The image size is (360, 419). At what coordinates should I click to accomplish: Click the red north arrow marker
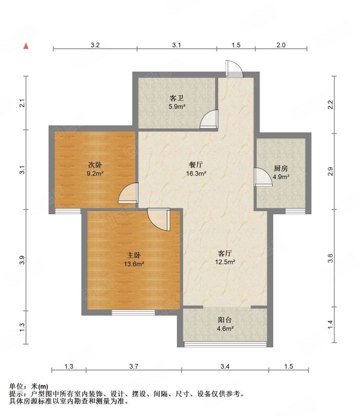26,46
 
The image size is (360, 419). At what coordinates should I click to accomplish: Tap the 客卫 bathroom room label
176,98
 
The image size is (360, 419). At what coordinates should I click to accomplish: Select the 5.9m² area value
176,107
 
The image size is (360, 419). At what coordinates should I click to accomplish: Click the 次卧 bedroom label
95,164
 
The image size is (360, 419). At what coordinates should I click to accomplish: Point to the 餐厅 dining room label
196,164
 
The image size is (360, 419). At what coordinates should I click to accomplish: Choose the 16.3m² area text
196,173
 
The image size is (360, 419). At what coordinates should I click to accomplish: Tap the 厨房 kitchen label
281,168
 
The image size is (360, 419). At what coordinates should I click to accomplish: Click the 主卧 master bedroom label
134,255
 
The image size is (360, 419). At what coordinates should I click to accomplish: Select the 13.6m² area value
134,264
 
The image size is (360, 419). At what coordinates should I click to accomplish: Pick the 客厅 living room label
225,253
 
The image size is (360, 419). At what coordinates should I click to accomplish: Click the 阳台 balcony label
225,320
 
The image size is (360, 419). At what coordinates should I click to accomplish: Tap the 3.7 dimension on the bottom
133,366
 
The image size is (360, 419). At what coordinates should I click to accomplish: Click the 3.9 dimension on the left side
22,260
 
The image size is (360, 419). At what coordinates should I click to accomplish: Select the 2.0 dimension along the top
280,45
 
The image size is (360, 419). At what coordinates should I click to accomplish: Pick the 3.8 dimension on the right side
330,258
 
